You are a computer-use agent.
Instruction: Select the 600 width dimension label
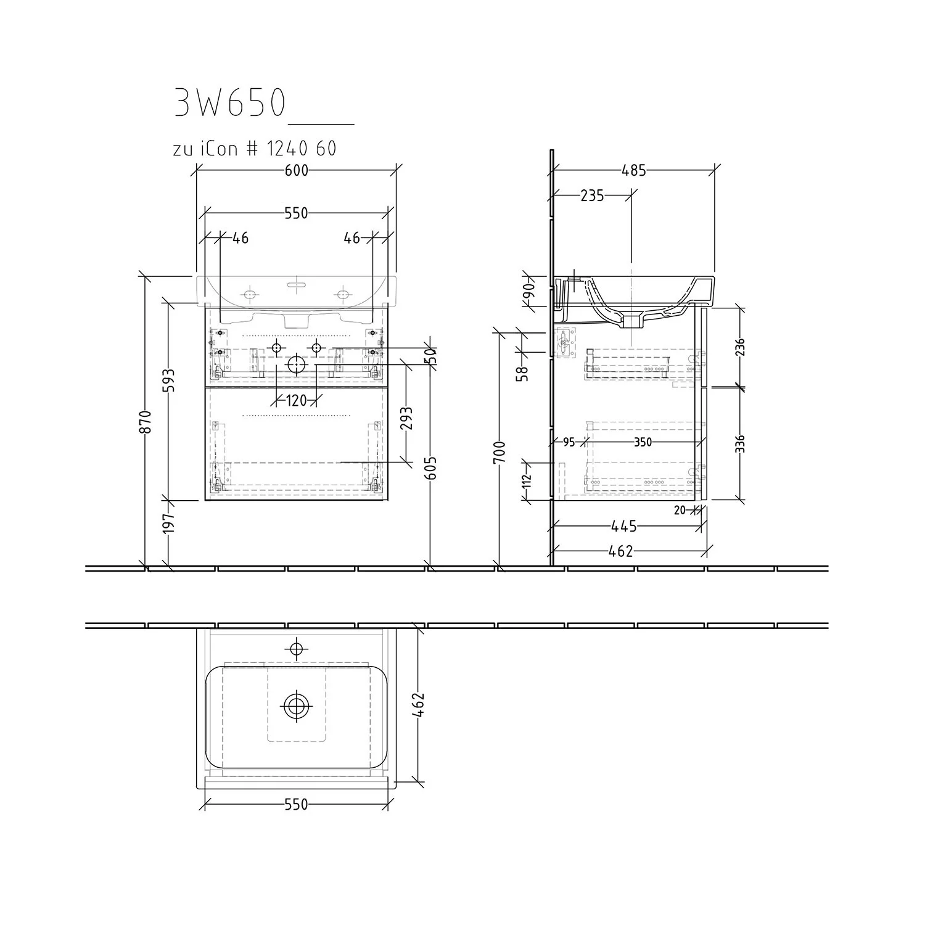click(x=297, y=170)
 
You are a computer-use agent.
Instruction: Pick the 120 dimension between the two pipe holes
click(x=297, y=401)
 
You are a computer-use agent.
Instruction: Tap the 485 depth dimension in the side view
click(x=634, y=170)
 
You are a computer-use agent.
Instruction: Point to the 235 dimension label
click(x=592, y=195)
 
